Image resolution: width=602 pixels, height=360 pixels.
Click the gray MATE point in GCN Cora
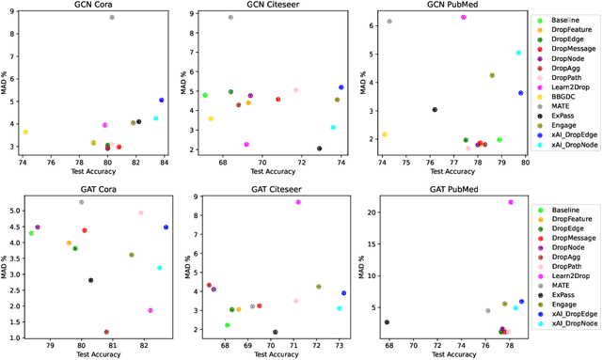pos(112,17)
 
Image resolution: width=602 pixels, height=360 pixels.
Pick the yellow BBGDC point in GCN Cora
pos(25,133)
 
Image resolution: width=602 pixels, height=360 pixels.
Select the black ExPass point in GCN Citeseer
pos(319,149)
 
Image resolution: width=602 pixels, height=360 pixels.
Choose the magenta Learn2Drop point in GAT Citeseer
pos(298,202)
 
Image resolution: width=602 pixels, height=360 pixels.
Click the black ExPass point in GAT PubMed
pos(387,322)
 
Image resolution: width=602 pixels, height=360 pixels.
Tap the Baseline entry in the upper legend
pos(565,20)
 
